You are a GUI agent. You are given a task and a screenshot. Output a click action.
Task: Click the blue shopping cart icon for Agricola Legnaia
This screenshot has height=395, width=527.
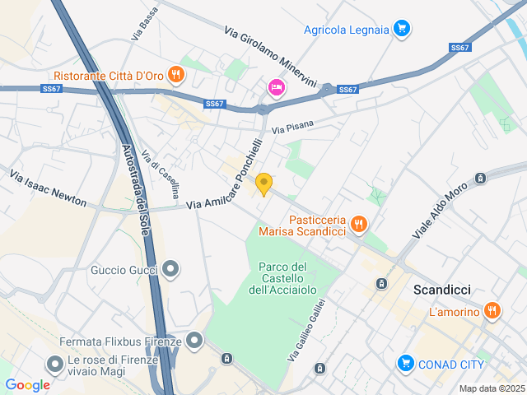pyautogui.click(x=401, y=30)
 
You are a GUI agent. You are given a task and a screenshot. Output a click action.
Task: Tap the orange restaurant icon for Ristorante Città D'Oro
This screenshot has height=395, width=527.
pyautogui.click(x=175, y=75)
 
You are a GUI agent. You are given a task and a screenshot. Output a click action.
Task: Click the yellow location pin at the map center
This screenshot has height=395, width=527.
pyautogui.click(x=263, y=184)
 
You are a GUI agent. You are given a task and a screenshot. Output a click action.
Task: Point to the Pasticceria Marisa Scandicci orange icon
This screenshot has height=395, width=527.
pyautogui.click(x=358, y=223)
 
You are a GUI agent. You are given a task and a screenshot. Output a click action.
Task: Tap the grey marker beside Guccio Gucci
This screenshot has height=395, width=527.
pyautogui.click(x=170, y=269)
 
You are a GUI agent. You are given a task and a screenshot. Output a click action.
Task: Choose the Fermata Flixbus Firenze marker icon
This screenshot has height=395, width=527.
pyautogui.click(x=194, y=340)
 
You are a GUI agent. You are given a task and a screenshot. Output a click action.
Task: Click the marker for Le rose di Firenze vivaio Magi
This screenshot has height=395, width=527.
pyautogui.click(x=55, y=363)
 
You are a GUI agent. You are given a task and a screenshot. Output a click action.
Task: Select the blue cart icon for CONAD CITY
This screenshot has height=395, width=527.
pyautogui.click(x=405, y=362)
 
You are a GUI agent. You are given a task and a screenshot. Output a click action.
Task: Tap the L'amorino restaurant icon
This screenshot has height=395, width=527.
pyautogui.click(x=492, y=310)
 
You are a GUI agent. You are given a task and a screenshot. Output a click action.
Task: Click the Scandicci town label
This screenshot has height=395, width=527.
pyautogui.click(x=441, y=290)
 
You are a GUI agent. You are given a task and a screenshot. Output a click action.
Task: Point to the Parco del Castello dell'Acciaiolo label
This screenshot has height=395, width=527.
pyautogui.click(x=282, y=278)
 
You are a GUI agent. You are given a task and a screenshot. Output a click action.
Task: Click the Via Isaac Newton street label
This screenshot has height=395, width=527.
pyautogui.click(x=48, y=188)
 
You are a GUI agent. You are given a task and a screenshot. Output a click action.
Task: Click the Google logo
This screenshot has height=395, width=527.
pyautogui.click(x=27, y=385)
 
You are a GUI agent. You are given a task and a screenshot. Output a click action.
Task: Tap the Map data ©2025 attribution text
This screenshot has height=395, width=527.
pyautogui.click(x=491, y=388)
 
